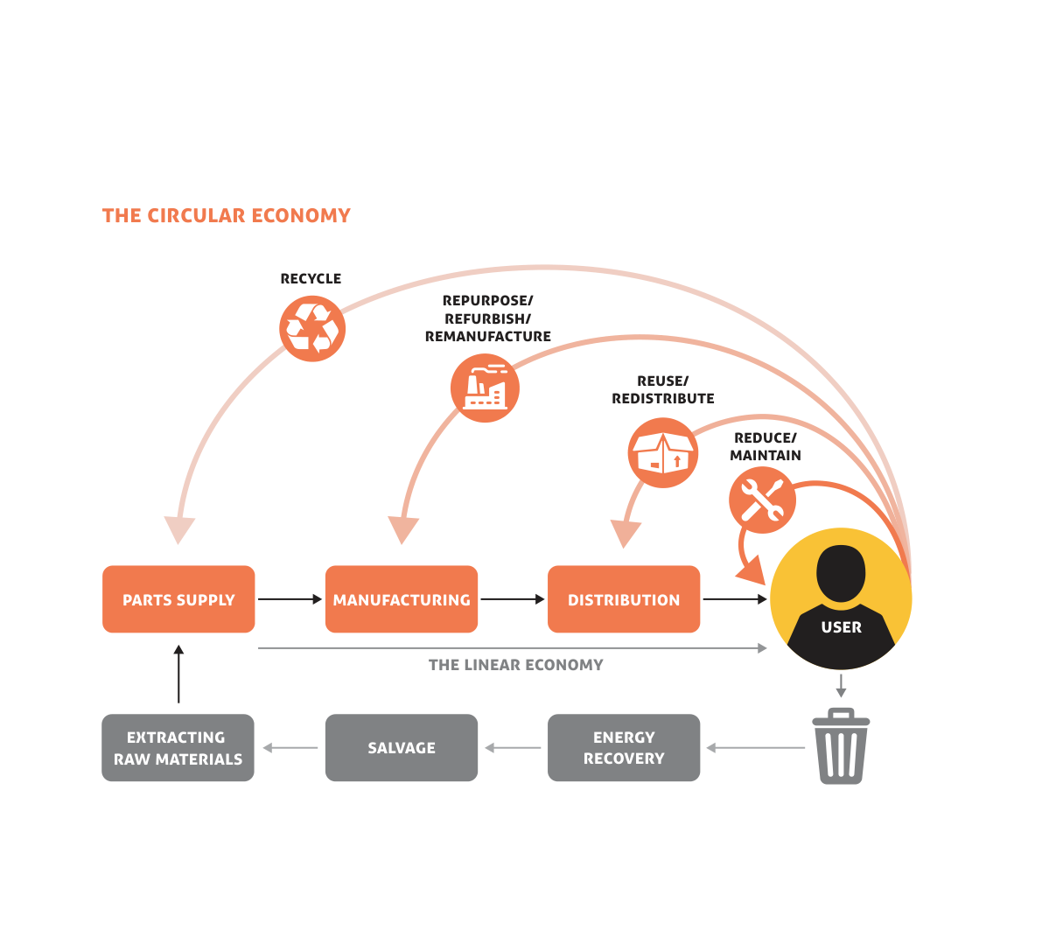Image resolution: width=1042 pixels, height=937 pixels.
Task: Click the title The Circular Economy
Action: (226, 215)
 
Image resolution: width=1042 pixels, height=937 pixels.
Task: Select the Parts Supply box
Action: (178, 599)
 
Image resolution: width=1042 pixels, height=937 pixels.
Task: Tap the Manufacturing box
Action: (402, 599)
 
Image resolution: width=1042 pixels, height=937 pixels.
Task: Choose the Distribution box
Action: (624, 599)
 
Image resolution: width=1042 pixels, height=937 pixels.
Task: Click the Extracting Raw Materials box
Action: (178, 748)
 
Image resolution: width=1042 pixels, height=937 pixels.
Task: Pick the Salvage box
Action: (402, 748)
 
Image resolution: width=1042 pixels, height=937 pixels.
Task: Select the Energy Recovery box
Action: (624, 748)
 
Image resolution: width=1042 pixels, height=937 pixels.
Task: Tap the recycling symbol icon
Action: (312, 329)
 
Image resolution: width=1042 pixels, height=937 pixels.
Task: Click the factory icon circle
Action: (485, 388)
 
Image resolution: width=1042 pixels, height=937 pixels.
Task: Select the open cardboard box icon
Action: (663, 453)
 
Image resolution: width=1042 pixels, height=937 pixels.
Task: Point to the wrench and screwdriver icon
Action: (762, 500)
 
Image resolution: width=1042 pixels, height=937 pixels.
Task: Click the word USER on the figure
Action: (841, 627)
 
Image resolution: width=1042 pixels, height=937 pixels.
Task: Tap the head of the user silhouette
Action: (841, 573)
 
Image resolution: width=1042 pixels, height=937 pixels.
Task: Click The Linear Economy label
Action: (515, 665)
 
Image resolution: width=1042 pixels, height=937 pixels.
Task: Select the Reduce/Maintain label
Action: (766, 446)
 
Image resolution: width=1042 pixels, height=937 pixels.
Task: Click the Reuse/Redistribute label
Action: (662, 389)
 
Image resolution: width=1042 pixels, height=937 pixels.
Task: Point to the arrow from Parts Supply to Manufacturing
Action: (290, 599)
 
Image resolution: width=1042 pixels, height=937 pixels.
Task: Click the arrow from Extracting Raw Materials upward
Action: (178, 674)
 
